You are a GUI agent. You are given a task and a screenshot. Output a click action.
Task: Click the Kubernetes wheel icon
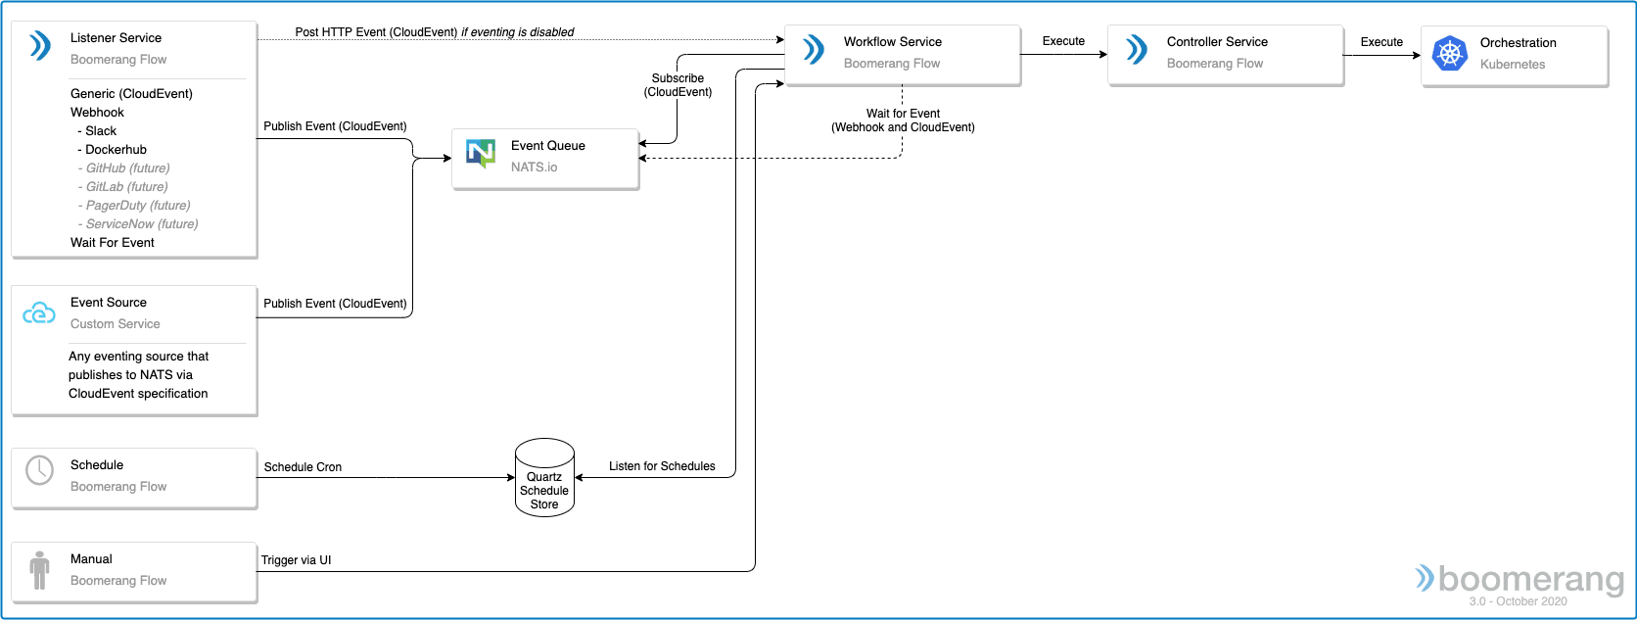click(x=1450, y=53)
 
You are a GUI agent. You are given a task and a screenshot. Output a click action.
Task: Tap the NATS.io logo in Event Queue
click(x=481, y=153)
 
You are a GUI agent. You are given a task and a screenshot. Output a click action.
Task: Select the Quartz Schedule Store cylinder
click(x=544, y=477)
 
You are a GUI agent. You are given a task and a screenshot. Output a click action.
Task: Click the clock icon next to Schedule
click(x=39, y=470)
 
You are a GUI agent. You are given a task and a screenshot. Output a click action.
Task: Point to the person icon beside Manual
click(x=39, y=570)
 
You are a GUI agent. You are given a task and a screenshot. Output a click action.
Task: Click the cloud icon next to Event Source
click(x=39, y=312)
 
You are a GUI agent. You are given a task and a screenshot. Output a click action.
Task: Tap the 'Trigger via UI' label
click(x=296, y=560)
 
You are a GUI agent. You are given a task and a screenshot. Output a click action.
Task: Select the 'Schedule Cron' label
click(x=303, y=467)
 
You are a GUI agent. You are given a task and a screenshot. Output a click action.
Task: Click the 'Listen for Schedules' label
click(x=662, y=466)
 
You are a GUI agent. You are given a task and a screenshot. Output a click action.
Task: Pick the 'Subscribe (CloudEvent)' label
click(x=678, y=85)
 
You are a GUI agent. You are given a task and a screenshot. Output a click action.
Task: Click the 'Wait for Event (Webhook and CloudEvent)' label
click(x=903, y=120)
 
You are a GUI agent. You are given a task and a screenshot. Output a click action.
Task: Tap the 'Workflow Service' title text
click(x=892, y=42)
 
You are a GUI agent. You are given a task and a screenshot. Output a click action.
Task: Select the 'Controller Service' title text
click(x=1217, y=42)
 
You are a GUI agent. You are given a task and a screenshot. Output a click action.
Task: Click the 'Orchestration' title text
click(x=1518, y=42)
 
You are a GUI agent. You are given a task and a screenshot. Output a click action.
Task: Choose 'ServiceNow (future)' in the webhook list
click(x=138, y=223)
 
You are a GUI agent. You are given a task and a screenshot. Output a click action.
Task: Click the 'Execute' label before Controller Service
click(x=1063, y=41)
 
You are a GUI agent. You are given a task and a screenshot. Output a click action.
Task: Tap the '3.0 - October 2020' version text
click(x=1518, y=601)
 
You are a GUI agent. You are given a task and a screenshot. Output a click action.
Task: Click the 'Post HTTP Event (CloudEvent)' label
click(x=376, y=32)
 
